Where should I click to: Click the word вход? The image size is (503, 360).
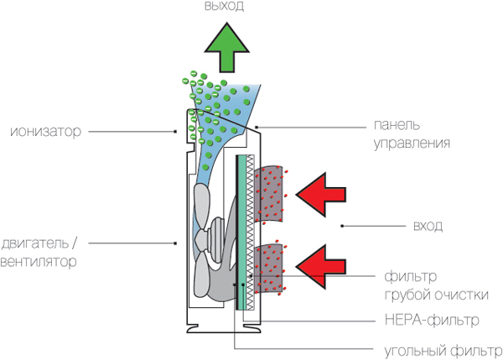428,227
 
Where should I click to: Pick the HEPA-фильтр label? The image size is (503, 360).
427,320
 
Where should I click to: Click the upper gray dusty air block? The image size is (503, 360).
270,194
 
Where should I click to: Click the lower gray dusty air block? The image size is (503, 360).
270,269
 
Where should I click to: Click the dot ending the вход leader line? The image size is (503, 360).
342,227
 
